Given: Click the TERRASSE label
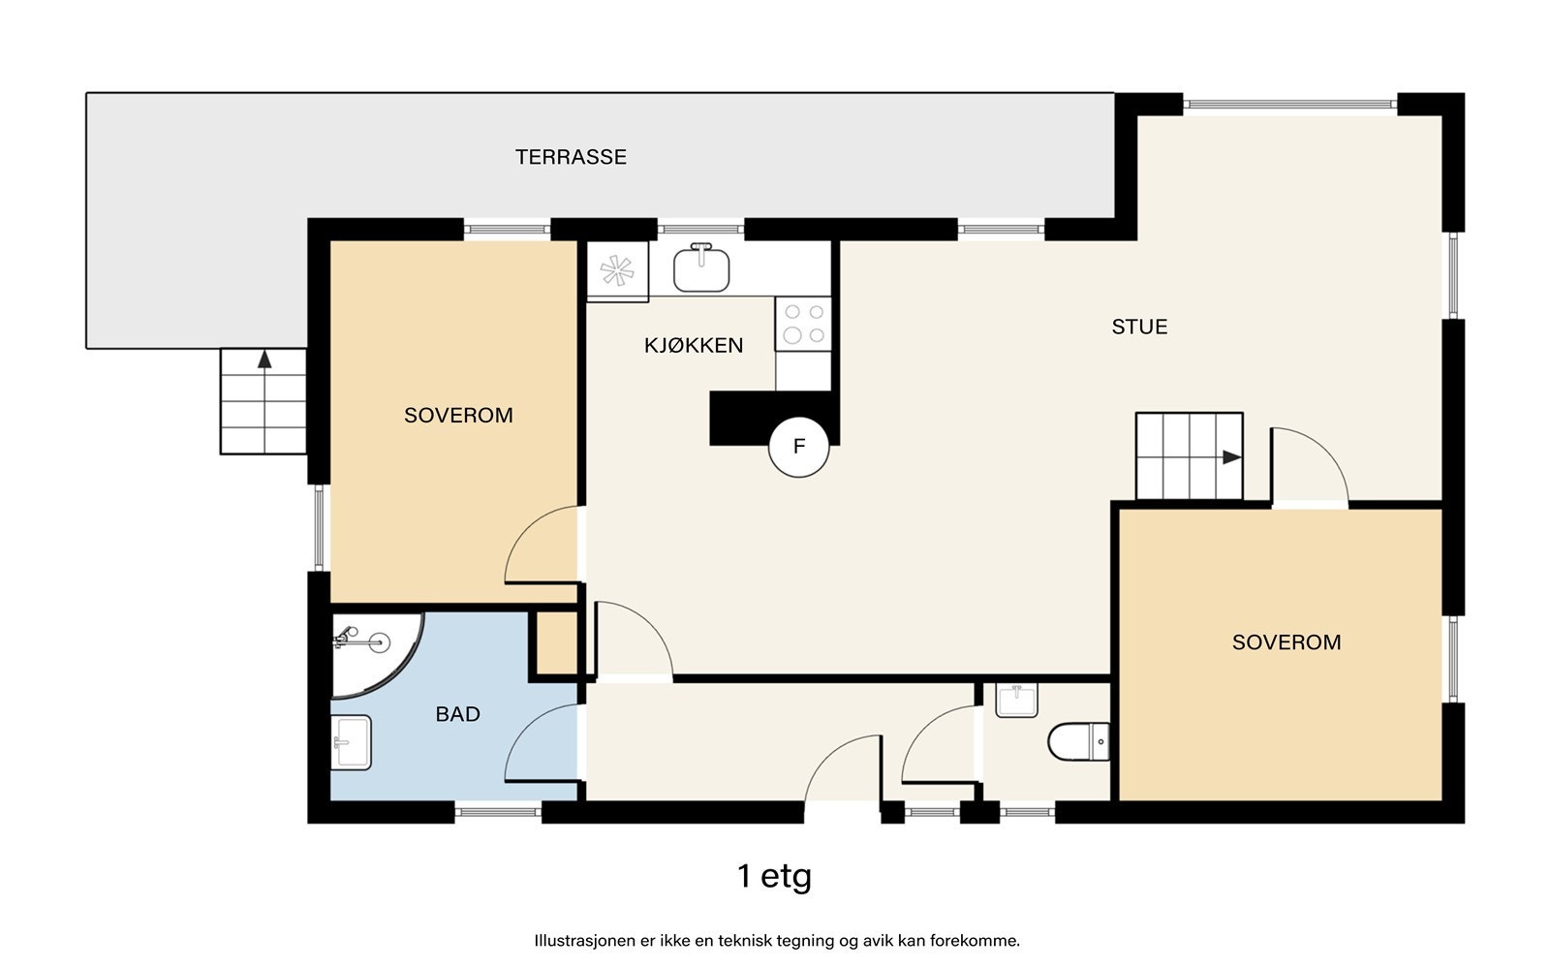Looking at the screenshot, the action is coord(571,157).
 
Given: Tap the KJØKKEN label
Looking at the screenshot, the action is coord(694,345).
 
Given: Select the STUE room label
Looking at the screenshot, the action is coord(1139,327).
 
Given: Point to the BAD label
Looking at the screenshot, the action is coord(457,714).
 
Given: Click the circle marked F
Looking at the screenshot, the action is coord(798,447).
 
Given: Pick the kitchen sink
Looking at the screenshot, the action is coord(701,267).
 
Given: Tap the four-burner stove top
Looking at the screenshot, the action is coord(803,324).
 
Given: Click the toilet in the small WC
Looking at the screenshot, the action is coord(1079,741).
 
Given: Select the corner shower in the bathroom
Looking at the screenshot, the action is coord(377,654).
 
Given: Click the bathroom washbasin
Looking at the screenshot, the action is coord(351,742).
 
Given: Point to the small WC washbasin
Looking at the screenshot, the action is coord(1016,701).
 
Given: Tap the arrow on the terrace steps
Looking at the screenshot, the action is coord(264,359).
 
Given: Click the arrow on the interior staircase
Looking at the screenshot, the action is coord(1231,456).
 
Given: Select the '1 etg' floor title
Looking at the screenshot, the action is coord(774,877).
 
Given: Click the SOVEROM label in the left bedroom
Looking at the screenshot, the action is coord(458,416).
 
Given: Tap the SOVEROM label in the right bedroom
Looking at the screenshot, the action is coord(1286,642).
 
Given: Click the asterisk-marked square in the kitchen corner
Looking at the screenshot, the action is coord(617,271).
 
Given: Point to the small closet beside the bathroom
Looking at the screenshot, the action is coord(557,642).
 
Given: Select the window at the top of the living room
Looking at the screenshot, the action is coord(1289,105).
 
